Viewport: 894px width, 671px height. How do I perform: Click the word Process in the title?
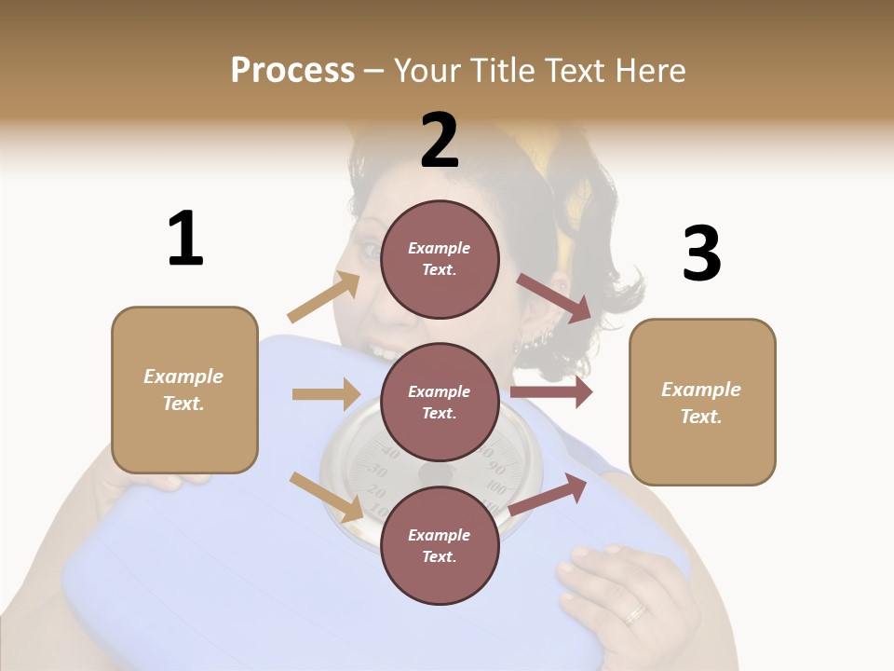pyautogui.click(x=292, y=70)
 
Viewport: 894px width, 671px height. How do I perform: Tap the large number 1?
pyautogui.click(x=185, y=239)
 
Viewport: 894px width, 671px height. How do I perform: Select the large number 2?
pyautogui.click(x=440, y=140)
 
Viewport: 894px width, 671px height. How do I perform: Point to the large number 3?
pyautogui.click(x=701, y=253)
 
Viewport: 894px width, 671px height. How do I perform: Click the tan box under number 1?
pyautogui.click(x=184, y=390)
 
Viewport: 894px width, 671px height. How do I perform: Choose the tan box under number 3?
pyautogui.click(x=702, y=403)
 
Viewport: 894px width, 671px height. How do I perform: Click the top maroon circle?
pyautogui.click(x=440, y=259)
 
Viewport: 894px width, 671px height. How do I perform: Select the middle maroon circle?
pyautogui.click(x=440, y=403)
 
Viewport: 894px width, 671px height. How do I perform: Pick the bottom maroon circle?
pyautogui.click(x=440, y=546)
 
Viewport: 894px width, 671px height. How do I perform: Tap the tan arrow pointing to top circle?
pyautogui.click(x=324, y=297)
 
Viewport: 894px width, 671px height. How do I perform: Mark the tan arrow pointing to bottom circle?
pyautogui.click(x=326, y=496)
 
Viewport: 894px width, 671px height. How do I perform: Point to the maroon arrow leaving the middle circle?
pyautogui.click(x=551, y=392)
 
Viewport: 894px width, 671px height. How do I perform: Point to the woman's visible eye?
pyautogui.click(x=369, y=250)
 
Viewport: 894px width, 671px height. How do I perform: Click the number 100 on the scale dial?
pyautogui.click(x=495, y=488)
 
